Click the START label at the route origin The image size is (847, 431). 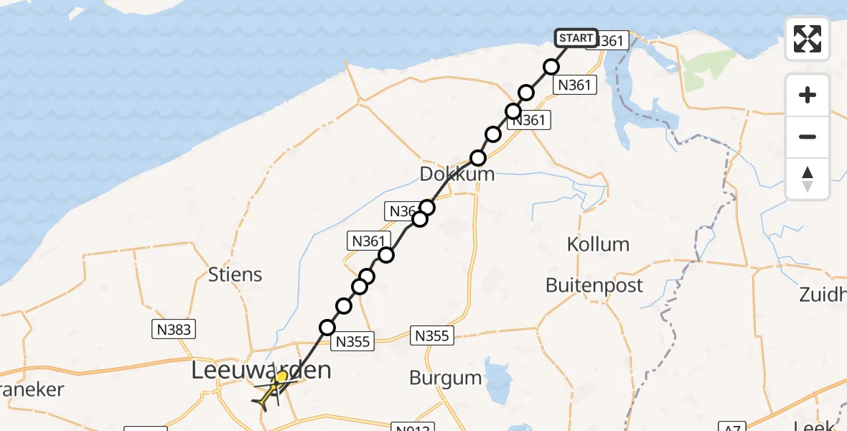click(x=576, y=38)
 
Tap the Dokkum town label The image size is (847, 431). click(x=457, y=175)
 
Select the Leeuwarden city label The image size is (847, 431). click(x=261, y=371)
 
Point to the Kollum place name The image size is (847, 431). click(x=598, y=244)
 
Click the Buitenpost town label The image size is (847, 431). click(x=594, y=285)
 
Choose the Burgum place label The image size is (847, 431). click(x=445, y=377)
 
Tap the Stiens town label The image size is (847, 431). click(x=235, y=274)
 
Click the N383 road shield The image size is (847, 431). click(x=173, y=329)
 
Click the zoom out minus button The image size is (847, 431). click(x=808, y=136)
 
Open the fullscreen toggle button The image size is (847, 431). click(x=808, y=39)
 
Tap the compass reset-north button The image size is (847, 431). click(x=808, y=178)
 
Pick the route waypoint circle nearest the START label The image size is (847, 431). click(x=551, y=67)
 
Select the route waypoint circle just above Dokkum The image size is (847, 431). click(x=477, y=158)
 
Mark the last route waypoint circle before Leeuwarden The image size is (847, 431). click(x=327, y=328)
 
